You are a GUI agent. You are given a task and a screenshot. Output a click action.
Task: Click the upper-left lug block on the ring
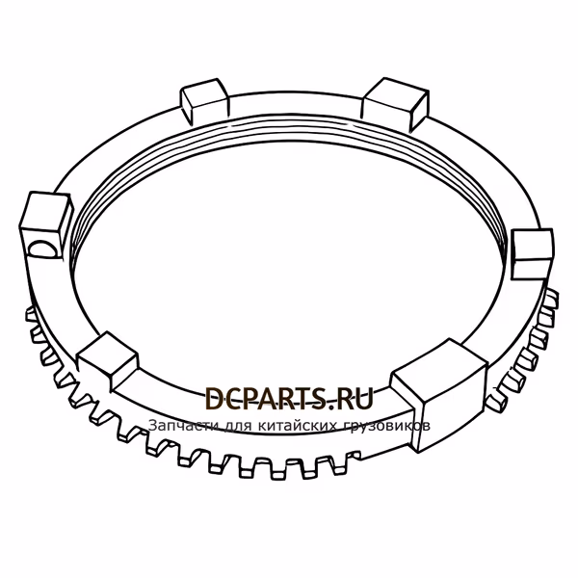[204, 99]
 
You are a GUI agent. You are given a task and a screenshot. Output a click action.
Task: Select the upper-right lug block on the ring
[395, 102]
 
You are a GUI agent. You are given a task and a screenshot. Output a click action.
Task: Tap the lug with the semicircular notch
[45, 224]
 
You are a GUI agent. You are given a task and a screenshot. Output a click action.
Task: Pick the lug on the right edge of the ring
[532, 254]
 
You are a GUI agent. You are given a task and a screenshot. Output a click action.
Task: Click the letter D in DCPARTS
[214, 399]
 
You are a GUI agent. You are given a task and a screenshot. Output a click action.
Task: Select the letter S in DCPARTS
[317, 399]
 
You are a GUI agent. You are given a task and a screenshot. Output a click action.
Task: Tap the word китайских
[298, 426]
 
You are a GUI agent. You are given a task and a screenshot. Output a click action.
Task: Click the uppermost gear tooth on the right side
[551, 297]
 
